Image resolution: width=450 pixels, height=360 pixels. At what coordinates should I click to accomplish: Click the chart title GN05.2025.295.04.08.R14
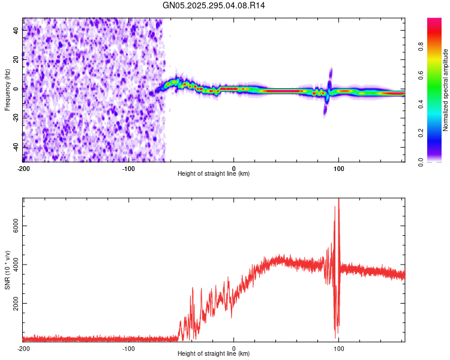coord(214,5)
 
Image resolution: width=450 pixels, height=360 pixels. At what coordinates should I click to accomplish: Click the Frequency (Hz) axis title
coord(7,90)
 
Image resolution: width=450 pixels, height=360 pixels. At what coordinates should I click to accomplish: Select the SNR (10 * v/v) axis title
coord(7,269)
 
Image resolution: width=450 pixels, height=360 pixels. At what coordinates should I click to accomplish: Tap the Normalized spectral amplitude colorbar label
coord(446,90)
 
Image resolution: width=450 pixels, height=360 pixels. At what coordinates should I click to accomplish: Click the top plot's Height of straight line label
coord(214,173)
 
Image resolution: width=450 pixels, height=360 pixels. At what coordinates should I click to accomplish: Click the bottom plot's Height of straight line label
coord(214,353)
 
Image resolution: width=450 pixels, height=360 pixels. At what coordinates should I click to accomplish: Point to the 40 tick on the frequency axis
coord(16,30)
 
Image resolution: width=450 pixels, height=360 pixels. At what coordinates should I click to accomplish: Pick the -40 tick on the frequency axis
coord(15,147)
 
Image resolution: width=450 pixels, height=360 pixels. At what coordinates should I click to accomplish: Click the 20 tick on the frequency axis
coord(16,59)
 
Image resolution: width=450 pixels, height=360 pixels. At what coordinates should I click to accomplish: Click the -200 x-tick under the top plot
coord(23,167)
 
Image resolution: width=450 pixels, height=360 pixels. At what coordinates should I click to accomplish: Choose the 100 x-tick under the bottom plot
coord(339,347)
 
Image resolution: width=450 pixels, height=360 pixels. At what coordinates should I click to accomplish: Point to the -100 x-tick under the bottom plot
coord(128,347)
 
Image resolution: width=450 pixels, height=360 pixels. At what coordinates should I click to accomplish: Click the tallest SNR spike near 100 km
coord(339,202)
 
